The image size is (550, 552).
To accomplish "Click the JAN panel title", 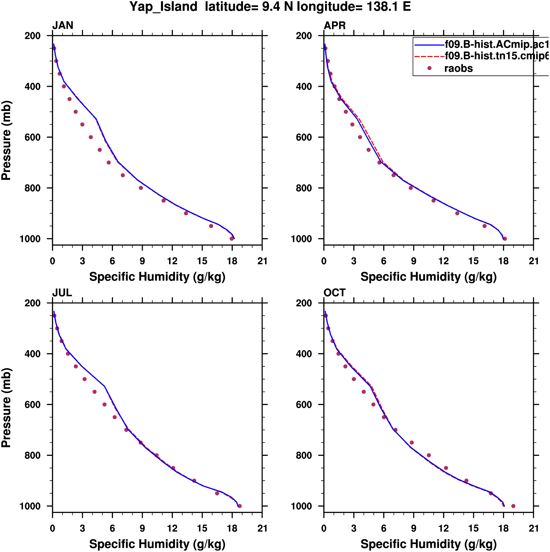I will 63,25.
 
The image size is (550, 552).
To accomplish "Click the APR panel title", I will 335,25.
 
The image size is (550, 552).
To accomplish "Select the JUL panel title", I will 62,293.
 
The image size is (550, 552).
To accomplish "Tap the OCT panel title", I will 335,293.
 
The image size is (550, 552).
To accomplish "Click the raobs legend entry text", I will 459,69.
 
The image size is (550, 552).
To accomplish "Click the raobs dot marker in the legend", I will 429,68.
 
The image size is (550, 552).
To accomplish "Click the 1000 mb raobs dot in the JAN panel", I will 232,239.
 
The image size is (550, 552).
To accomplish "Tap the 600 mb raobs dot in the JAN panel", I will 91,137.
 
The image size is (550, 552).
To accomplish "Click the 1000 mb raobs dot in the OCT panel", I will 513,506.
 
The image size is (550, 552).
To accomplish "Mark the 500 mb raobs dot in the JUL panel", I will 85,379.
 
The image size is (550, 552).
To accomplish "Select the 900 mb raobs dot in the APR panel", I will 457,213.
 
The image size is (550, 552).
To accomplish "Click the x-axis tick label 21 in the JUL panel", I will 262,528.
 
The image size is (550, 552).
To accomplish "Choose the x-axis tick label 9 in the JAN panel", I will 142,261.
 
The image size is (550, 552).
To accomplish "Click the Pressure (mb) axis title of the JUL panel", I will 6,408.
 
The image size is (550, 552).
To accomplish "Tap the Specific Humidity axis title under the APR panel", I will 428,277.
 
